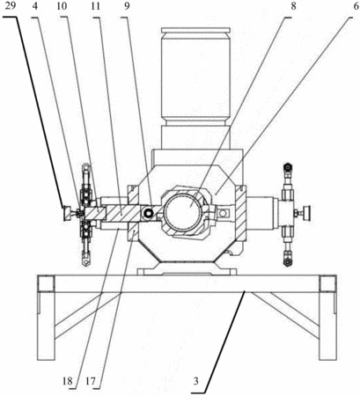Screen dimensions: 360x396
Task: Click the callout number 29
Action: point(10,6)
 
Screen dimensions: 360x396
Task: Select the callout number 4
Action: point(35,6)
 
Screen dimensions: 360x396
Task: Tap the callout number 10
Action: point(62,6)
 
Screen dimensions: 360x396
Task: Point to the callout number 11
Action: point(95,6)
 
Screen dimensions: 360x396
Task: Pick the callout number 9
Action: point(127,6)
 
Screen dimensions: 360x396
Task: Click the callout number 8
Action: point(293,6)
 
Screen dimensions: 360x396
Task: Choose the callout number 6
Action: point(356,6)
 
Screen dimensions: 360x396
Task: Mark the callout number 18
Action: point(67,381)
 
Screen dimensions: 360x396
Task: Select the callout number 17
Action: point(91,381)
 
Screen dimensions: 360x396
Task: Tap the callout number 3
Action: point(195,381)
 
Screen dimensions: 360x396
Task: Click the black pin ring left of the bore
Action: point(148,214)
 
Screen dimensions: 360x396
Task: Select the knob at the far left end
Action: point(68,213)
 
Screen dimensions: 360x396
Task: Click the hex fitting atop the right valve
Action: point(288,168)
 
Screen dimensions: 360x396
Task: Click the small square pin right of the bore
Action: point(224,213)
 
